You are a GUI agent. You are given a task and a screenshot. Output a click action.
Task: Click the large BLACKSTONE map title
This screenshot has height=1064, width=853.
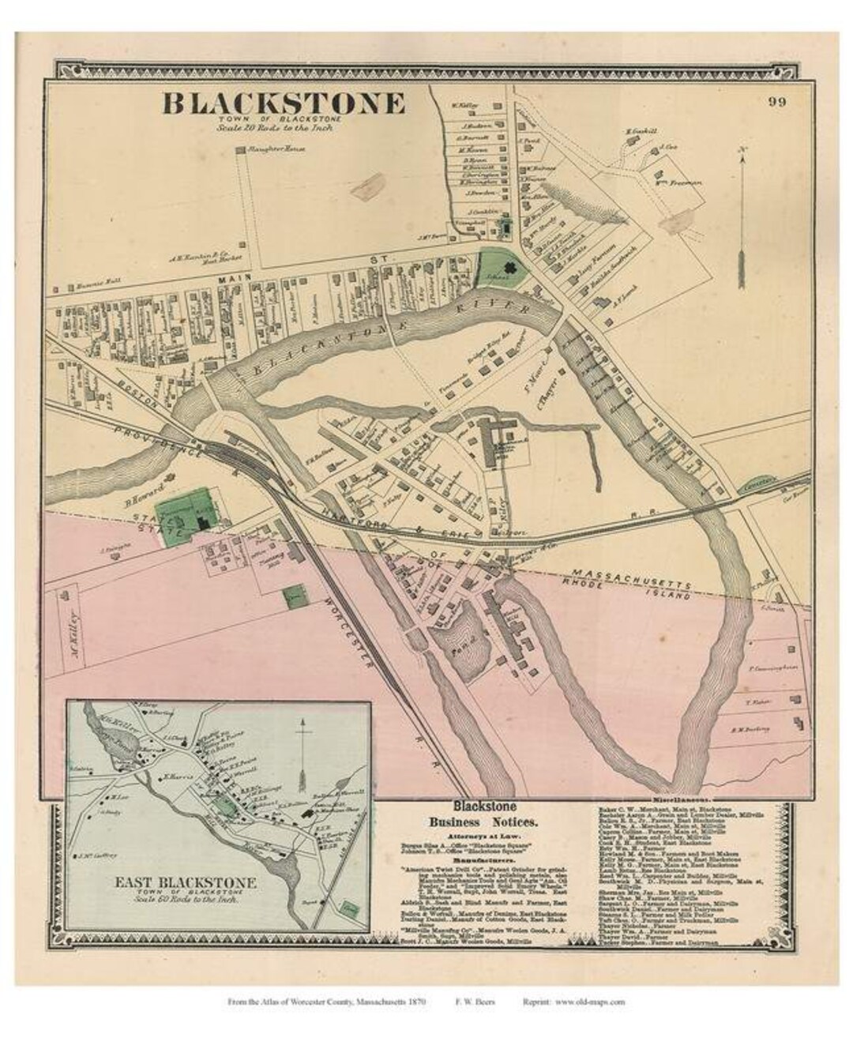284,103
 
